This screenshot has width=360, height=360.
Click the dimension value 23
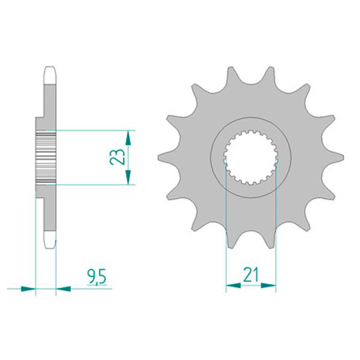[117, 157]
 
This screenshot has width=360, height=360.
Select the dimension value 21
[251, 274]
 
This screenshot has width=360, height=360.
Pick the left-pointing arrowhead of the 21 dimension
[234, 286]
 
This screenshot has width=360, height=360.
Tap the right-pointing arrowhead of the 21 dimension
[268, 286]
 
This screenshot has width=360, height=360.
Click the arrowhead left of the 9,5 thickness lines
[28, 288]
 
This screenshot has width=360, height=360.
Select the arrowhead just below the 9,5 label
[63, 288]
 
